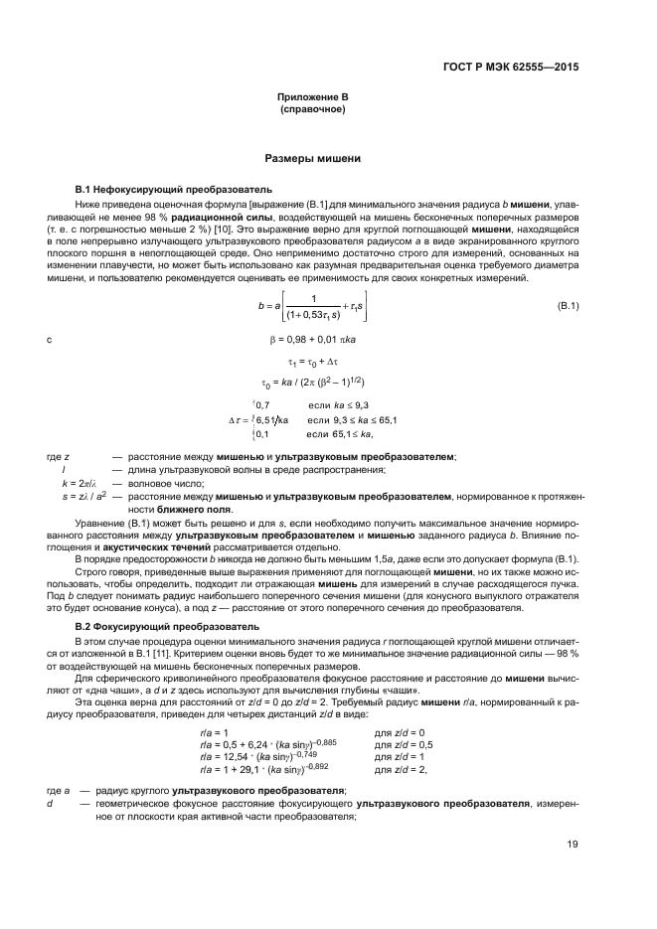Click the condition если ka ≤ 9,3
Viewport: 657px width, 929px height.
(338, 405)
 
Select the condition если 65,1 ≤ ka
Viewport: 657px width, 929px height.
(338, 434)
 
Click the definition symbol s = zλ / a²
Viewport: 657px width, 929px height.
(84, 495)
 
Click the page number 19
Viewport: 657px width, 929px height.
(573, 845)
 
